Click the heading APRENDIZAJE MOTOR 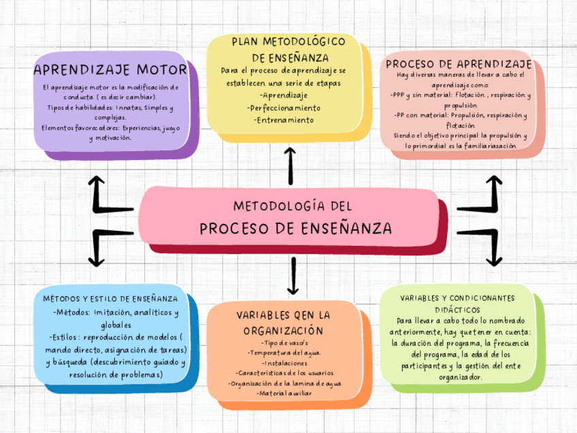click(110, 70)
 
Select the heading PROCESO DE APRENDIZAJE click(459, 64)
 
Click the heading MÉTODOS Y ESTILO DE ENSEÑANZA click(110, 299)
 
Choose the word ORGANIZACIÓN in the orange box click(283, 330)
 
